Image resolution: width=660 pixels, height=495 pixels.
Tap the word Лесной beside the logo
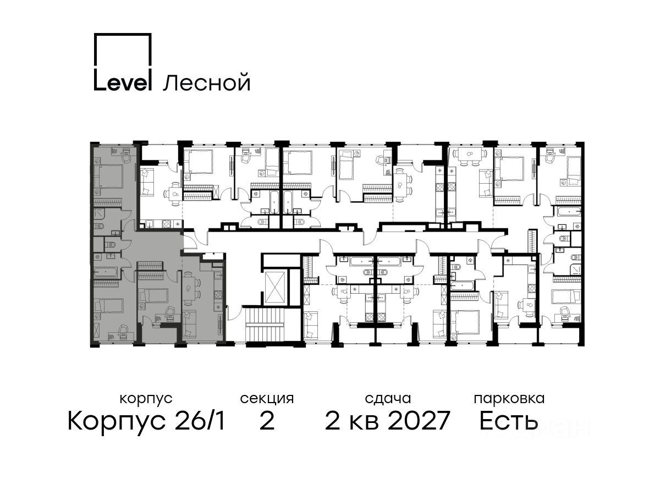[x=207, y=83]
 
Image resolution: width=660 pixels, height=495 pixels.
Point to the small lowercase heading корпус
[x=146, y=399]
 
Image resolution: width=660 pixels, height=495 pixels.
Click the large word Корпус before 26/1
[x=117, y=421]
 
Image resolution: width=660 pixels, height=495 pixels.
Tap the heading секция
[x=267, y=399]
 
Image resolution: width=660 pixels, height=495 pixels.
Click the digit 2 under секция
[x=267, y=420]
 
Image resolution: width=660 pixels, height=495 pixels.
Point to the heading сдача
[x=388, y=399]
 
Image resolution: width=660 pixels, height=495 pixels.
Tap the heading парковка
[x=509, y=399]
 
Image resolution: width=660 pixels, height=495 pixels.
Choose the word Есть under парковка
[x=508, y=420]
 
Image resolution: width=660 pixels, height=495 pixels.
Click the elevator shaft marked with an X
[x=275, y=288]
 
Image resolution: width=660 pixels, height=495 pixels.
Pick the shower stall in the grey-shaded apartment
[x=98, y=214]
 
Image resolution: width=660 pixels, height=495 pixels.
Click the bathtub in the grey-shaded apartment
[x=107, y=272]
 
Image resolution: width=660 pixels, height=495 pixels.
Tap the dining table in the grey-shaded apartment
[x=188, y=289]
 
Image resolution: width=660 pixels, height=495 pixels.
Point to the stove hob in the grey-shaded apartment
[x=218, y=293]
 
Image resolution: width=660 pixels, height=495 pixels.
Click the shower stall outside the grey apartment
[x=575, y=269]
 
